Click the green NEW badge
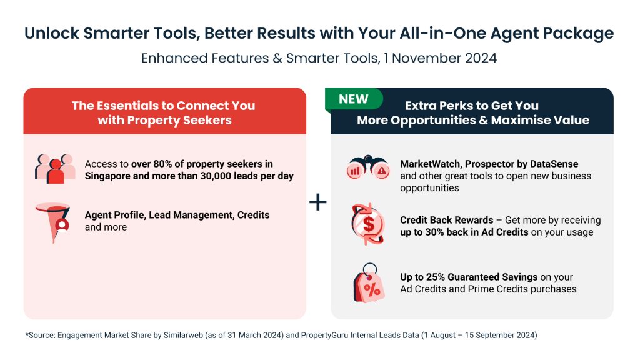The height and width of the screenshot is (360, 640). tap(354, 99)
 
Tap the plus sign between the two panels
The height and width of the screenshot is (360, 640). tap(318, 202)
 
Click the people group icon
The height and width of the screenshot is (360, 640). tap(55, 169)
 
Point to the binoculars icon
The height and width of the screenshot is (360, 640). tap(368, 167)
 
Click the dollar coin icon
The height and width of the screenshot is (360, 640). tap(367, 224)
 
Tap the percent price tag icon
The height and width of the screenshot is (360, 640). tap(369, 282)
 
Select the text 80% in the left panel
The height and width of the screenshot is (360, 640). tap(162, 164)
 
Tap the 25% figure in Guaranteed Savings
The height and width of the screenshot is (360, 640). tap(436, 277)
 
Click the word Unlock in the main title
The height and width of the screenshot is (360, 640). tap(52, 33)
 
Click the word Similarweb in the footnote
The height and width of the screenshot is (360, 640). tap(183, 335)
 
